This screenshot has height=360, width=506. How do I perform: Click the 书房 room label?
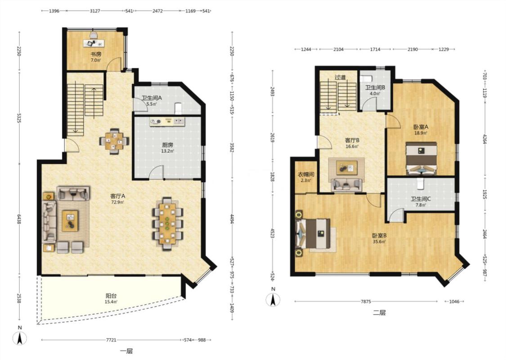(x=95, y=54)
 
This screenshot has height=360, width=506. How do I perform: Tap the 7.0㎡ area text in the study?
(x=95, y=60)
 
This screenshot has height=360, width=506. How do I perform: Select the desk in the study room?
(x=94, y=43)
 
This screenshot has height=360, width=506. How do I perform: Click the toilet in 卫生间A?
(x=178, y=108)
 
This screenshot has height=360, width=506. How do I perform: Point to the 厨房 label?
(x=167, y=145)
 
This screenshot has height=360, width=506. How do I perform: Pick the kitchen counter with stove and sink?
(x=167, y=121)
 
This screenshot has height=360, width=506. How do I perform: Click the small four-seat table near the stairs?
(x=114, y=141)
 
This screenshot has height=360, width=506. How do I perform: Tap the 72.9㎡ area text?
(x=117, y=202)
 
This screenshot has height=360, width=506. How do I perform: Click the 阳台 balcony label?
(x=111, y=296)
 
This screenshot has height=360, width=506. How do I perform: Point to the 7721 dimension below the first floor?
(x=112, y=340)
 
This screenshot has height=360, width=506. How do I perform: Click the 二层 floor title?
(x=379, y=313)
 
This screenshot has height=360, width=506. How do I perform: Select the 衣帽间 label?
(x=305, y=175)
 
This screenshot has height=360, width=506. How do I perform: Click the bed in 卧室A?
(x=421, y=158)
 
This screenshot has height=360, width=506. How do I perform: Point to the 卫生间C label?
(x=421, y=199)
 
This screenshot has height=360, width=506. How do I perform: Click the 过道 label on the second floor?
(x=340, y=77)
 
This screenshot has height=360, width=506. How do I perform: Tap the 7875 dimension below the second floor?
(x=366, y=301)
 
